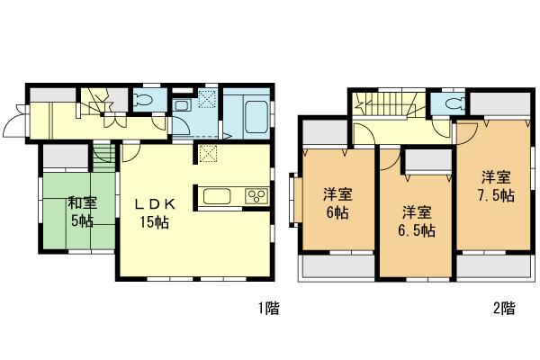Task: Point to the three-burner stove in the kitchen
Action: click(256, 195)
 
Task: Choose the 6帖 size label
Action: click(337, 214)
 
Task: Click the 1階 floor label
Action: click(268, 309)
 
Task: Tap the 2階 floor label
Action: click(504, 309)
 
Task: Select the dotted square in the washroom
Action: click(206, 99)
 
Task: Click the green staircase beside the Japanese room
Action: click(101, 156)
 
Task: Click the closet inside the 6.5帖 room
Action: click(427, 163)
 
